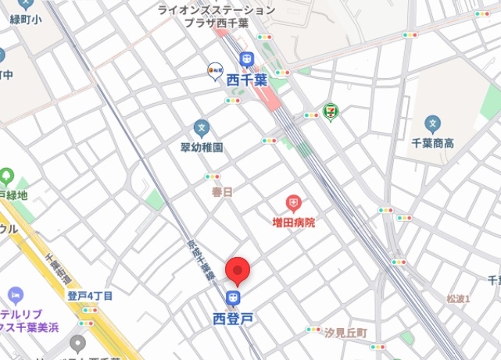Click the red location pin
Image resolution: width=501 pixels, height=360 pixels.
(238, 271)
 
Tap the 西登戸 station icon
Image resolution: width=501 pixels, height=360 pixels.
(233, 298)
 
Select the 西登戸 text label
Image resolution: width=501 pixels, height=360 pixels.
(233, 318)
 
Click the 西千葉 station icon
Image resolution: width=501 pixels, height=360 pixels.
(247, 59)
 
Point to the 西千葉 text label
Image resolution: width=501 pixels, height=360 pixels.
(247, 79)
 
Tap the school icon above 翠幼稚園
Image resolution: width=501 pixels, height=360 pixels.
(202, 127)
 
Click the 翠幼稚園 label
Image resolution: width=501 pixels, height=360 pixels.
(202, 147)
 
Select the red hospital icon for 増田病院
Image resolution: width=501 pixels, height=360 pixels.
(293, 204)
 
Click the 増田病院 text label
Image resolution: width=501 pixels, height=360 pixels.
(293, 223)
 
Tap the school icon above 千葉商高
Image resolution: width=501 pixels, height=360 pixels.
(432, 123)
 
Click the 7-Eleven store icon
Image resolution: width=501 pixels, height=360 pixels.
(331, 112)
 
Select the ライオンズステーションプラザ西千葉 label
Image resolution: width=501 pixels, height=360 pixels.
(217, 16)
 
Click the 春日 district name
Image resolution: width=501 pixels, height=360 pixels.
(222, 191)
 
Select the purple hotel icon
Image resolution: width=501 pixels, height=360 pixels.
(15, 295)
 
